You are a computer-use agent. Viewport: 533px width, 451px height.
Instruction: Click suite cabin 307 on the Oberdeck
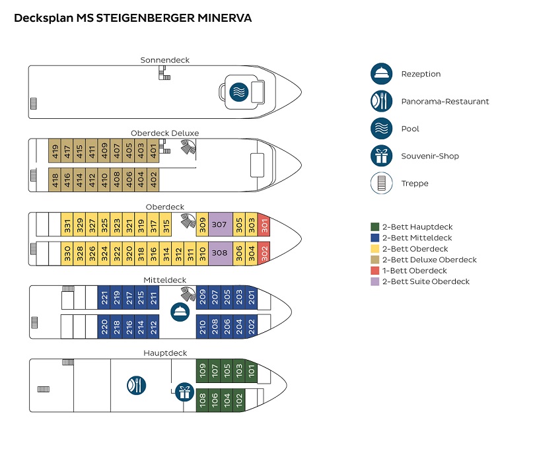click(220, 225)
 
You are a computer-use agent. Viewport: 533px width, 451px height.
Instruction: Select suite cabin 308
click(220, 253)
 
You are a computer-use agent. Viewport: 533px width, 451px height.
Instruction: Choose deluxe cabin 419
click(55, 152)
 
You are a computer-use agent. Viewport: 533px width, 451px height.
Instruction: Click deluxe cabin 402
click(153, 179)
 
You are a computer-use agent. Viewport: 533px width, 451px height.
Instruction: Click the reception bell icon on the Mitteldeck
click(179, 312)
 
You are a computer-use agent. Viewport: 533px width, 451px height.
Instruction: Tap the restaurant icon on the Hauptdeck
click(136, 385)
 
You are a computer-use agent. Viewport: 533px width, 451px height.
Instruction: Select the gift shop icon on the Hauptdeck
click(184, 392)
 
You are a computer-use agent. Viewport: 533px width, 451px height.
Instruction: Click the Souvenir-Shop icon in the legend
click(381, 156)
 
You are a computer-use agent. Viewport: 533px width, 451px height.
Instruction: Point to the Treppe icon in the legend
click(381, 184)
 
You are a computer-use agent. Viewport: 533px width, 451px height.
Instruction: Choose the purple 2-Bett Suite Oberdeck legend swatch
click(374, 281)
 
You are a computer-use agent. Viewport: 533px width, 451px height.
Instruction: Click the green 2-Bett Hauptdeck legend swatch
click(374, 227)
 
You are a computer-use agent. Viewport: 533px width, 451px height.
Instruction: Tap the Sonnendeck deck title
click(164, 60)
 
